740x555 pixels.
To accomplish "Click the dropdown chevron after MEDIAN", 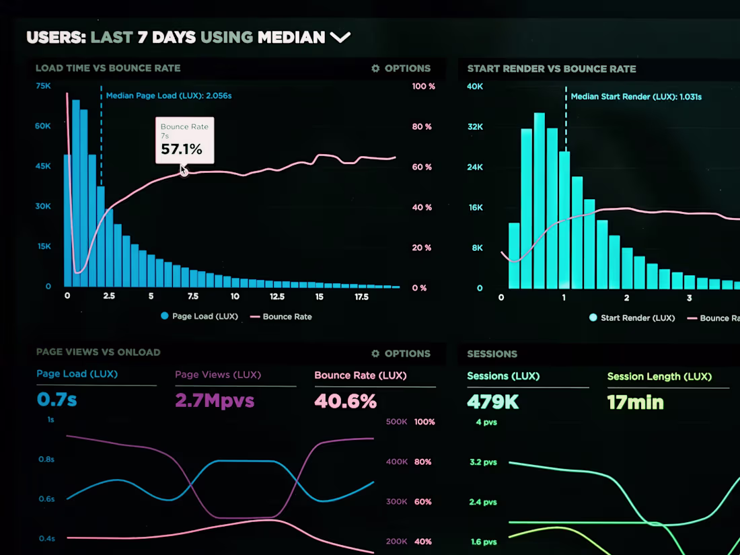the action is [340, 37].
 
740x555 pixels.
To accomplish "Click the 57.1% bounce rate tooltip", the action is [184, 140].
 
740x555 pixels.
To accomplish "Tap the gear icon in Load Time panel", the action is [375, 69].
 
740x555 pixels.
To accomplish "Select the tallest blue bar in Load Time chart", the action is [75, 193].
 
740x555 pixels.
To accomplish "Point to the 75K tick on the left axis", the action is [43, 86].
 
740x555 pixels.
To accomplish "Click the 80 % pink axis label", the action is [421, 126].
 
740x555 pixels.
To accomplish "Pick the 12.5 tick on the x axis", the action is [277, 297].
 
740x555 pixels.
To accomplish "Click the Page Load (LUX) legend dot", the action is [164, 316].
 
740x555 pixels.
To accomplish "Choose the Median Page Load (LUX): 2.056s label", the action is [168, 96].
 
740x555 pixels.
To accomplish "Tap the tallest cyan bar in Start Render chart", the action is [539, 200].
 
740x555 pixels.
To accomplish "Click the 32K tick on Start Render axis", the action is [475, 126].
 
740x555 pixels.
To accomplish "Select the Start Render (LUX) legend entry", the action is [632, 318].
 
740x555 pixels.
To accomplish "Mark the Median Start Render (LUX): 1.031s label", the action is [636, 97].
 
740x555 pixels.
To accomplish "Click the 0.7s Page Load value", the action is [57, 399].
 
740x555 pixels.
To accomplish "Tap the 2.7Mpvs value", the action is [215, 401].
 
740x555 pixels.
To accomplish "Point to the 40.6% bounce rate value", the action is [346, 401].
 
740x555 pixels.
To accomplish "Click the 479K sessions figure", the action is [492, 402].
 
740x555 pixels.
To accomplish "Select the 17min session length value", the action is [635, 402].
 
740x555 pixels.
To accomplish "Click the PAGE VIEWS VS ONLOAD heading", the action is [98, 352].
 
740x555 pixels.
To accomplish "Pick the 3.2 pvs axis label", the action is [483, 462].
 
